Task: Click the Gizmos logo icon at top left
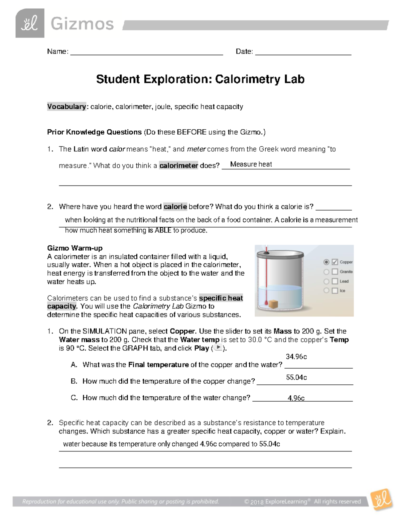click(x=30, y=23)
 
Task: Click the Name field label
click(x=57, y=51)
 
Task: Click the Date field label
click(x=244, y=51)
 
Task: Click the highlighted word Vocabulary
click(x=66, y=107)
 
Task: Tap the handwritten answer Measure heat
click(x=251, y=164)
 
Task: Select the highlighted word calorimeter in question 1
click(x=178, y=165)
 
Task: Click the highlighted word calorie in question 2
click(x=175, y=207)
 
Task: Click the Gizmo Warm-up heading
click(x=75, y=248)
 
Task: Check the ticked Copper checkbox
click(x=335, y=262)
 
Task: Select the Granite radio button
click(x=326, y=272)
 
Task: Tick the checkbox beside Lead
click(x=335, y=281)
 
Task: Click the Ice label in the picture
click(x=343, y=291)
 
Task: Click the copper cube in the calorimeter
click(x=273, y=304)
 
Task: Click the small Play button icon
click(x=218, y=348)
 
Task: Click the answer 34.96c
click(x=296, y=357)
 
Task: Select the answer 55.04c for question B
click(x=296, y=377)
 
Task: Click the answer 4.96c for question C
click(x=296, y=398)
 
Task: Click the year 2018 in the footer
click(x=257, y=502)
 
